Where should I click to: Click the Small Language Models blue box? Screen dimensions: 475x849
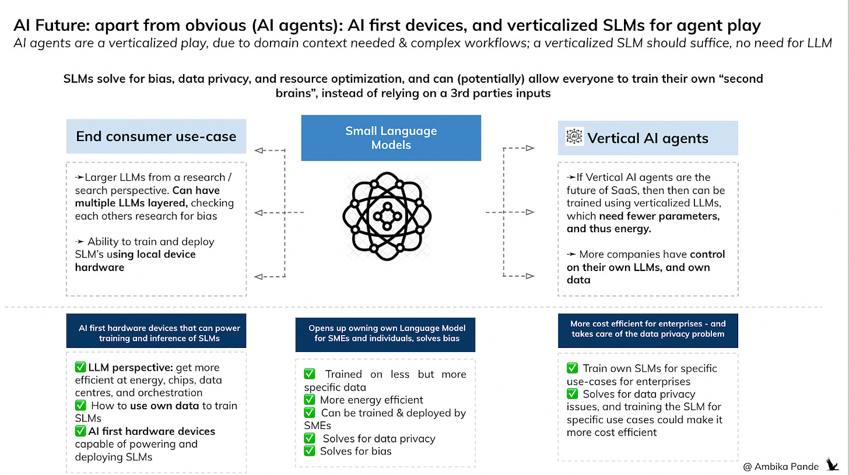391,138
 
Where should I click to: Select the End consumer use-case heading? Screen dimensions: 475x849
156,137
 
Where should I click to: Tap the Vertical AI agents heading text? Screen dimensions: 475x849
647,138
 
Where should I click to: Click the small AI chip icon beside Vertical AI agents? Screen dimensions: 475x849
574,136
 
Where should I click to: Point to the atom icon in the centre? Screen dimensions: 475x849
386,216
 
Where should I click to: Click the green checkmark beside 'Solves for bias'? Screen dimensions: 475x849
310,451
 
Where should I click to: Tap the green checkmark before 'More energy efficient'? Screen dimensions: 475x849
310,400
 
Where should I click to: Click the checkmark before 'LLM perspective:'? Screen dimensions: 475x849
80,368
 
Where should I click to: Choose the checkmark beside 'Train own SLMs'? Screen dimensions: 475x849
573,368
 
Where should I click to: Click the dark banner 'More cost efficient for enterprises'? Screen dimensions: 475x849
647,329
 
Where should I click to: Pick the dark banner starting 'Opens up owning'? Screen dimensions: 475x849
385,333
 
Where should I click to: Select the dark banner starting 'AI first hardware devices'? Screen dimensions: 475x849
156,332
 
